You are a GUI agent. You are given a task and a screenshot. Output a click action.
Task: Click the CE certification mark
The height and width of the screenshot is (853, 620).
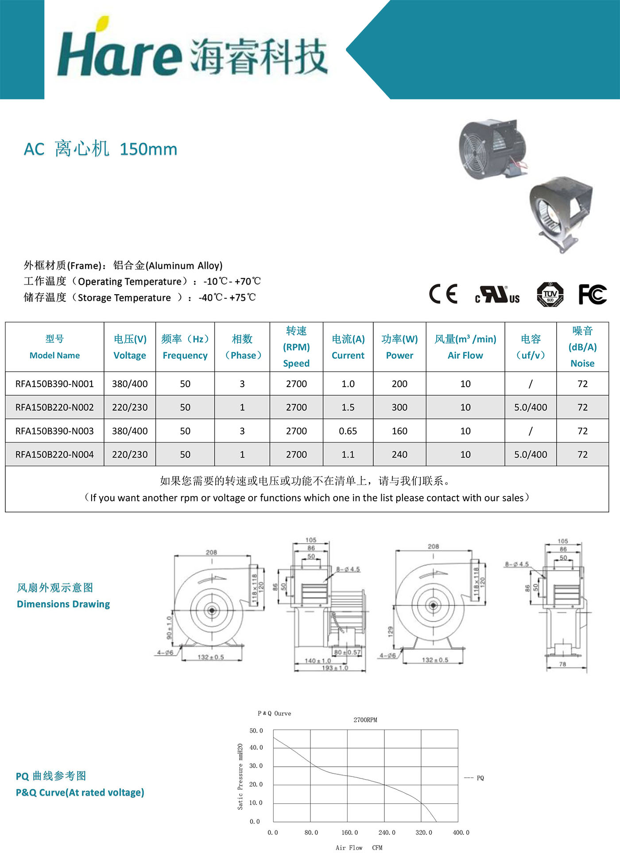(443, 294)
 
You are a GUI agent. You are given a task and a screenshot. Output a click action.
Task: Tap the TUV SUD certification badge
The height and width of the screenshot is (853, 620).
(550, 294)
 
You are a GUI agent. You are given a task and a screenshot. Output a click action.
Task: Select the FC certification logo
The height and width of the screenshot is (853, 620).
(592, 294)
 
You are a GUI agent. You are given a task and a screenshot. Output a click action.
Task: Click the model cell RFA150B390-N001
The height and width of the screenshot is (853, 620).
(54, 384)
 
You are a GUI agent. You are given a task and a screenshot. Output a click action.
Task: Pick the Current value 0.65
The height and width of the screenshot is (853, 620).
(348, 431)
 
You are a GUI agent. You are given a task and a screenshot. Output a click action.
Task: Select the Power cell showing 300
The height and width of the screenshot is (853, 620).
(399, 407)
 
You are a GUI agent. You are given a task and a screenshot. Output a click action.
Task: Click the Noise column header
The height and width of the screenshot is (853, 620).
(582, 347)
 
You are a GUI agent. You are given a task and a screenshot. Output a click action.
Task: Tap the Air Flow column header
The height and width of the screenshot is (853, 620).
(465, 347)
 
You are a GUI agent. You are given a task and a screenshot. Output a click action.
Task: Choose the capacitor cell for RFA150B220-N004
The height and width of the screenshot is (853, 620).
(530, 454)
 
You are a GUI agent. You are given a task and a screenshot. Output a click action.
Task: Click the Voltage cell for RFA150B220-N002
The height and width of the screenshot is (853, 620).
(129, 407)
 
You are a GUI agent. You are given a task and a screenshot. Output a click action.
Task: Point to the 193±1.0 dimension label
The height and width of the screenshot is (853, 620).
(334, 668)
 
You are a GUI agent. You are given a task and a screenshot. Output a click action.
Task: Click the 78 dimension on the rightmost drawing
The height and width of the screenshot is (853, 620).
(562, 664)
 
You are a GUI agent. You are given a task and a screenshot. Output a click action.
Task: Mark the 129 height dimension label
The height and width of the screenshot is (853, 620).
(391, 630)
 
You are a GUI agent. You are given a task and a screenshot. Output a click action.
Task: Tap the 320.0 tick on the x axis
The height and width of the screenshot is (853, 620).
(423, 833)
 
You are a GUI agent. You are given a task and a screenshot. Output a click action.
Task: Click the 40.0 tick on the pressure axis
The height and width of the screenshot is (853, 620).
(256, 748)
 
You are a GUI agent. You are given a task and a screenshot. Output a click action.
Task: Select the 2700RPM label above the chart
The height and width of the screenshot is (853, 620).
(365, 720)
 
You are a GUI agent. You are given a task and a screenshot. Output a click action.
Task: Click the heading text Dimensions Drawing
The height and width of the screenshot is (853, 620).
(63, 604)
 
